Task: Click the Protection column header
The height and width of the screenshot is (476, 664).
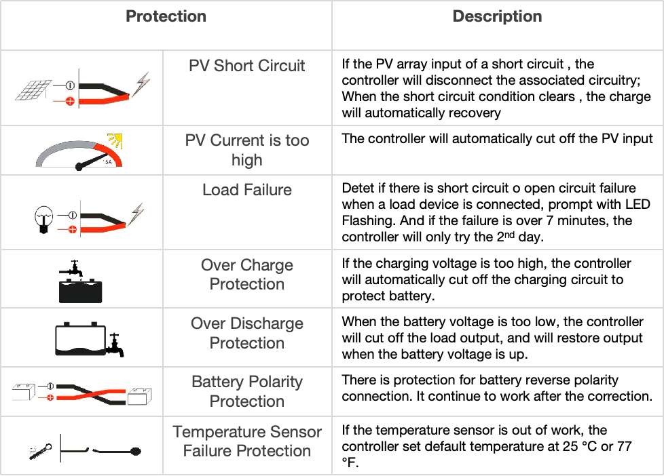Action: [x=166, y=16]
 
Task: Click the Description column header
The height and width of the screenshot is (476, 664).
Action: [x=497, y=16]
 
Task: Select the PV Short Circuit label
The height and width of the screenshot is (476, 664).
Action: [x=247, y=66]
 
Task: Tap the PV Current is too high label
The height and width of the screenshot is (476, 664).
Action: [x=247, y=150]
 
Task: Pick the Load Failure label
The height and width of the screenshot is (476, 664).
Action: [x=247, y=190]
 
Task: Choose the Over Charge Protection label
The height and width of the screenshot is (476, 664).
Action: [x=247, y=274]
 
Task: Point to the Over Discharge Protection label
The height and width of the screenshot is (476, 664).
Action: [x=247, y=332]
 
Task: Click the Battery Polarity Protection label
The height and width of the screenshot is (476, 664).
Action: [x=247, y=391]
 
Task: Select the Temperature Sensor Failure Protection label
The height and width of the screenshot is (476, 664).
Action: [x=247, y=441]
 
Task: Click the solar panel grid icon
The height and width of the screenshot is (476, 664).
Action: [x=33, y=90]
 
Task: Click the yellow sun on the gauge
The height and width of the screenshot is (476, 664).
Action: [x=115, y=140]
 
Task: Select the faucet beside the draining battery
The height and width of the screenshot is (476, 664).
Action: [x=115, y=345]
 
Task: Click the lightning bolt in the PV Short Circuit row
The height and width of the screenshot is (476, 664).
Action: [x=141, y=84]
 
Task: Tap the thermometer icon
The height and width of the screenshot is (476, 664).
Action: [x=41, y=452]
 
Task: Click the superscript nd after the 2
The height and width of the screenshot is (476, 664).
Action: [x=509, y=234]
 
